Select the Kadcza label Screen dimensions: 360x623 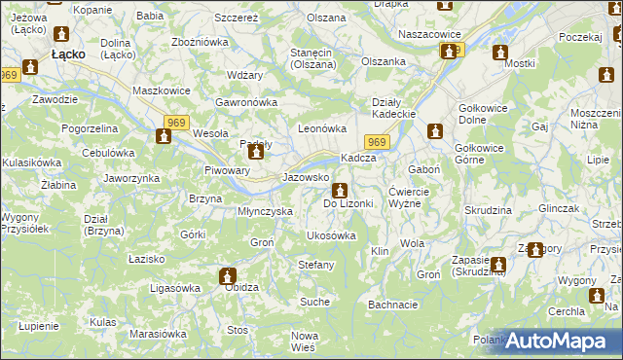pos(357,159)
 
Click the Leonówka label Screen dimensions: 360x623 pos(322,127)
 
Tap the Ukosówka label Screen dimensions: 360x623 pos(331,235)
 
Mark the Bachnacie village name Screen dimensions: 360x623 pos(393,305)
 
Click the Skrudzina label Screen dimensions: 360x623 pos(488,210)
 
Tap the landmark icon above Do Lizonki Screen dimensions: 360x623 pos(339,190)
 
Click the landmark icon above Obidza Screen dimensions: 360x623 pos(228,275)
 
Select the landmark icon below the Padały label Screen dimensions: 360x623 pos(255,152)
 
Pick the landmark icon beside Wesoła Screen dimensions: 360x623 pos(163,137)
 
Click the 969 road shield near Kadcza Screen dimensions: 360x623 pos(379,143)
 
